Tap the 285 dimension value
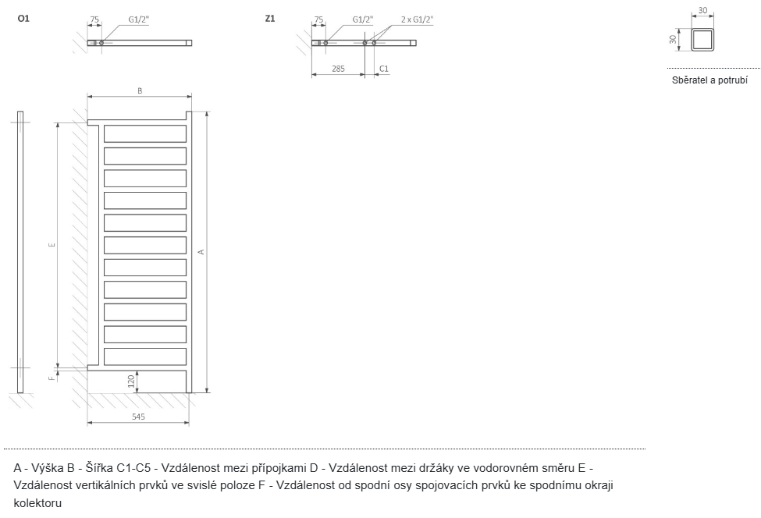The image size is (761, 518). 338,69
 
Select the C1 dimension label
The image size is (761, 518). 383,69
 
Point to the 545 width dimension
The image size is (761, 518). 138,417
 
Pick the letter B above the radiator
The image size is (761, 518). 140,91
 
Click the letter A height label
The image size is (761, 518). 201,251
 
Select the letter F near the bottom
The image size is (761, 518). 52,378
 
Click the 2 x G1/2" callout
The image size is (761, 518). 417,18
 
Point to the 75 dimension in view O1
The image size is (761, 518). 94,18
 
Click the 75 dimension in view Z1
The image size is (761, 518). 318,18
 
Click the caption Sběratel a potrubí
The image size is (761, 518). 709,80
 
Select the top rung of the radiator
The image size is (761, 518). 145,133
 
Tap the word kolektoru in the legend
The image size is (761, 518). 37,503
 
